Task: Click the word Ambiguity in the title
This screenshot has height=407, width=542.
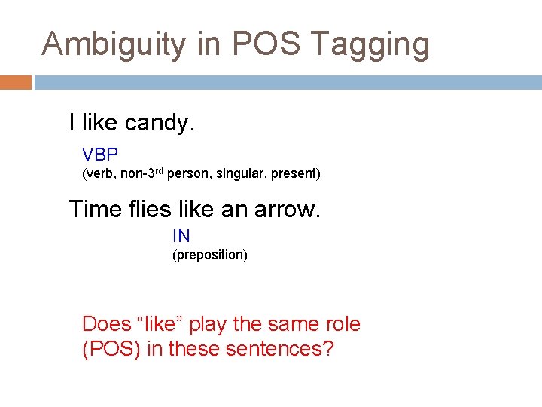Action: coord(112,44)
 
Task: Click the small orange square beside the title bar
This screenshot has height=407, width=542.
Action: coord(15,82)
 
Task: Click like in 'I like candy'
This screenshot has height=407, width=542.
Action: coord(100,122)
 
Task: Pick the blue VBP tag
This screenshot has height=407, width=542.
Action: coord(100,155)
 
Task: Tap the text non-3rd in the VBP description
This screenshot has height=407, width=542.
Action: coord(141,173)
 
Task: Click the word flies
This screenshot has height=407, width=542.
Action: coord(148,209)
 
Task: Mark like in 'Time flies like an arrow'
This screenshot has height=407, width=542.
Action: coord(196,209)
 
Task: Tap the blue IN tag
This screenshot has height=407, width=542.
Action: coord(181,236)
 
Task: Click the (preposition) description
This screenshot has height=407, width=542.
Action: coord(209,255)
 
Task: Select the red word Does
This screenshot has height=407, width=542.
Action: coord(106,324)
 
